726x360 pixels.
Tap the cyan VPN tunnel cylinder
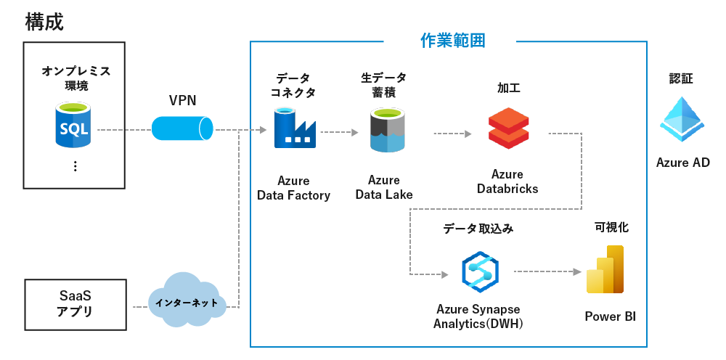point(182,128)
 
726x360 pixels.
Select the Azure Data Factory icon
point(294,128)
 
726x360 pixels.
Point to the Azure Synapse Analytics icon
point(479,269)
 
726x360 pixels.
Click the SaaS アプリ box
point(74,303)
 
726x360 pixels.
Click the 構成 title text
point(44,22)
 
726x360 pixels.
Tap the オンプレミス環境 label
point(76,78)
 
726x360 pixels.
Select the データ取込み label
point(478,229)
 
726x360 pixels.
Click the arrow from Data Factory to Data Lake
point(340,133)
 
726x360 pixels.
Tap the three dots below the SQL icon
point(75,166)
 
